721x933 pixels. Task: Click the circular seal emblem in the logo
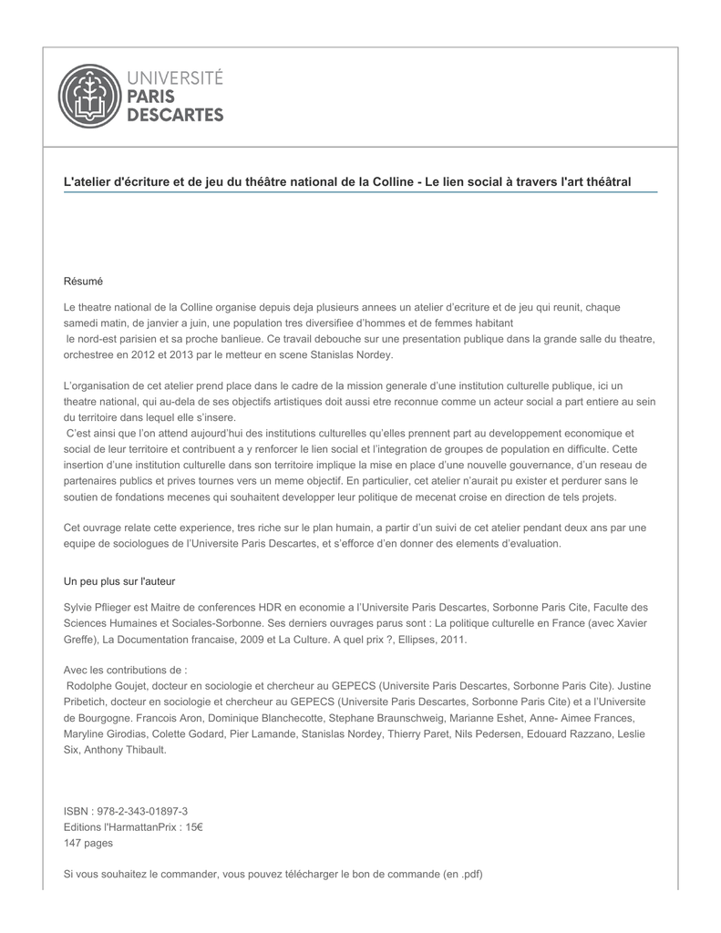tap(88, 96)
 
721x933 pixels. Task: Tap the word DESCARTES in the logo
tap(173, 116)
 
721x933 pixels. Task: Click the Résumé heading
tap(83, 281)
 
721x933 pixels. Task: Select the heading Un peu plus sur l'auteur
tap(118, 580)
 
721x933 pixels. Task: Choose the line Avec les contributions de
tap(125, 669)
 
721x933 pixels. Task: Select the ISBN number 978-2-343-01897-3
tap(142, 811)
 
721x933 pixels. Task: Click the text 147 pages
tap(88, 843)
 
